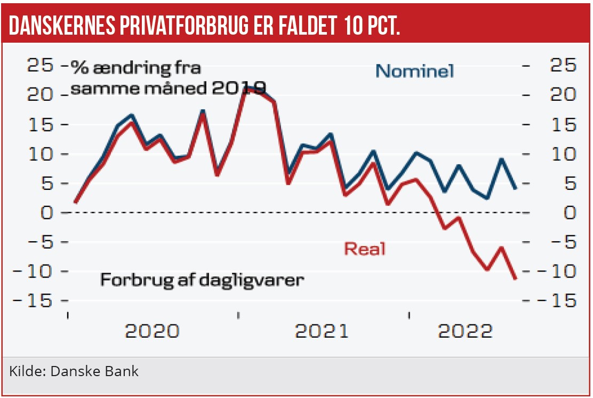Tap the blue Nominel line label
pyautogui.click(x=414, y=71)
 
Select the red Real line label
pyautogui.click(x=365, y=249)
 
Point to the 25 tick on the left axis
pyautogui.click(x=41, y=66)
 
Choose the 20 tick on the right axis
pyautogui.click(x=563, y=95)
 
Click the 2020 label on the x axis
pyautogui.click(x=152, y=331)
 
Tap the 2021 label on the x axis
pyautogui.click(x=322, y=331)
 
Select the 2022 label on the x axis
pyautogui.click(x=466, y=331)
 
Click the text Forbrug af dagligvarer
pyautogui.click(x=202, y=280)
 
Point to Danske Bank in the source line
pyautogui.click(x=94, y=371)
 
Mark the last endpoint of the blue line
pyautogui.click(x=515, y=188)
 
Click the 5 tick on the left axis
pyautogui.click(x=47, y=184)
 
